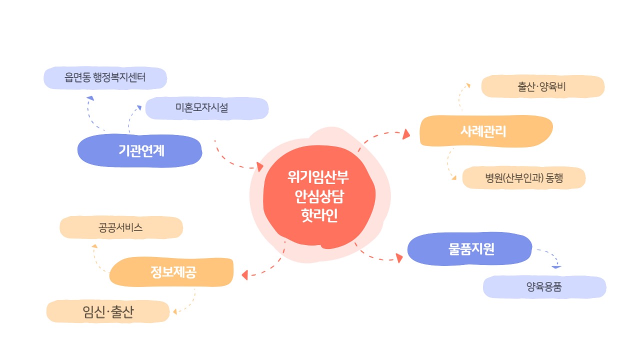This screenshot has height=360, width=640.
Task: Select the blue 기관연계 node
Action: click(x=140, y=150)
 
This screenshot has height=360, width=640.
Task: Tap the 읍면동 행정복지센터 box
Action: click(x=105, y=78)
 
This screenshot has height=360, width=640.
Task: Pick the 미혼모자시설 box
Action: click(x=206, y=108)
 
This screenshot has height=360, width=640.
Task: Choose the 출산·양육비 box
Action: click(x=542, y=86)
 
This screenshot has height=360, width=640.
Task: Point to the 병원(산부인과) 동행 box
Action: click(x=523, y=178)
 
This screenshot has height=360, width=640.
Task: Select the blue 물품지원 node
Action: click(x=470, y=249)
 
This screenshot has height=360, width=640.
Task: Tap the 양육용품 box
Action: click(x=544, y=287)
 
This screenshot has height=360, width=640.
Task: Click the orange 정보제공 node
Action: click(x=171, y=272)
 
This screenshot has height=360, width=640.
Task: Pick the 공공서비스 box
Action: click(x=121, y=227)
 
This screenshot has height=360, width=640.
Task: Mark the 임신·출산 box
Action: click(x=108, y=311)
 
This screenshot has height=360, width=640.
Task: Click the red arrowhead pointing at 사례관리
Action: click(x=406, y=133)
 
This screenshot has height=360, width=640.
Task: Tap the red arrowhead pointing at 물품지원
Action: click(x=399, y=258)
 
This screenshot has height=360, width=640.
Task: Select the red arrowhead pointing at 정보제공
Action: click(x=245, y=274)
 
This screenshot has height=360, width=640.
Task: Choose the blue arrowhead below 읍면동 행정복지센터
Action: click(x=89, y=98)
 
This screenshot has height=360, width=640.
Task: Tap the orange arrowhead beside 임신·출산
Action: click(x=174, y=312)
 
